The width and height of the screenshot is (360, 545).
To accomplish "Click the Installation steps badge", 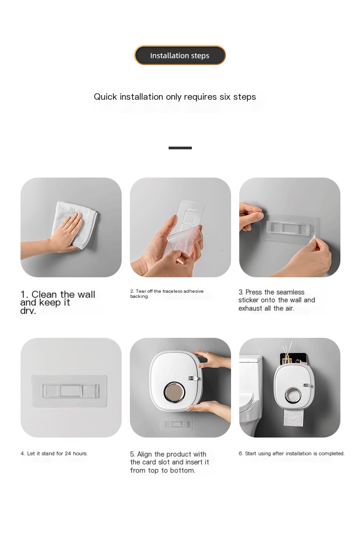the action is click(180, 55).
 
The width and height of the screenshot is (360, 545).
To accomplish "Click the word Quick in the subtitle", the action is click(105, 97).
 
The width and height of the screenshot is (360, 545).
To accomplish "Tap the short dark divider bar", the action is click(180, 148).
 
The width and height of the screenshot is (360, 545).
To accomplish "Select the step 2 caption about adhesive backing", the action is click(167, 294).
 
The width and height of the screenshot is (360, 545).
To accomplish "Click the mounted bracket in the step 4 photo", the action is click(69, 391).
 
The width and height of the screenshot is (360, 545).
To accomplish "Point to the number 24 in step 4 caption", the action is click(68, 453).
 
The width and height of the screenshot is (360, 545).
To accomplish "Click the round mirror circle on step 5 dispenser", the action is click(175, 392).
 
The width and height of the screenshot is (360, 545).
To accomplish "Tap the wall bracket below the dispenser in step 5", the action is click(176, 424).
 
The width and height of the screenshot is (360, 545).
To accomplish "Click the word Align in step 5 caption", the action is click(145, 455).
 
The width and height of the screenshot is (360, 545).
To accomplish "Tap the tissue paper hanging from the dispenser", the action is click(293, 418).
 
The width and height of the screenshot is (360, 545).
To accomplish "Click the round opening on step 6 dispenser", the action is click(293, 395).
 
